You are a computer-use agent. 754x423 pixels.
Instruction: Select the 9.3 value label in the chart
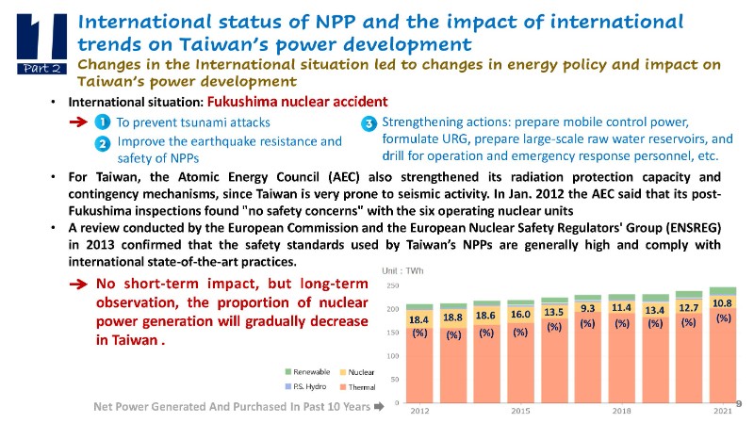588,308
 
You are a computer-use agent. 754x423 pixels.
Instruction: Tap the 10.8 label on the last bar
723,303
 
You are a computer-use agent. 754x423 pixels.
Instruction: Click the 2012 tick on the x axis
419,412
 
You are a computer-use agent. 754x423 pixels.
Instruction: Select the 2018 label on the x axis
622,412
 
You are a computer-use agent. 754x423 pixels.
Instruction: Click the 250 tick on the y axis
392,285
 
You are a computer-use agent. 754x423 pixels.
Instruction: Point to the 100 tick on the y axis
392,356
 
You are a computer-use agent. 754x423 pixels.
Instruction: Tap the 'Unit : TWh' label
402,271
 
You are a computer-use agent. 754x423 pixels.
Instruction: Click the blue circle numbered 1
102,122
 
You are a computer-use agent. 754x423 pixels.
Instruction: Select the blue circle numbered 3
369,123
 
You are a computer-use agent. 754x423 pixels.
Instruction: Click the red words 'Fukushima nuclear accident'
297,102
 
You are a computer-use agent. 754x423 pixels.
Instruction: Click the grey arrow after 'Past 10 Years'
378,407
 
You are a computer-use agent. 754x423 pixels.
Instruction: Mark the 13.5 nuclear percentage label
554,312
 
